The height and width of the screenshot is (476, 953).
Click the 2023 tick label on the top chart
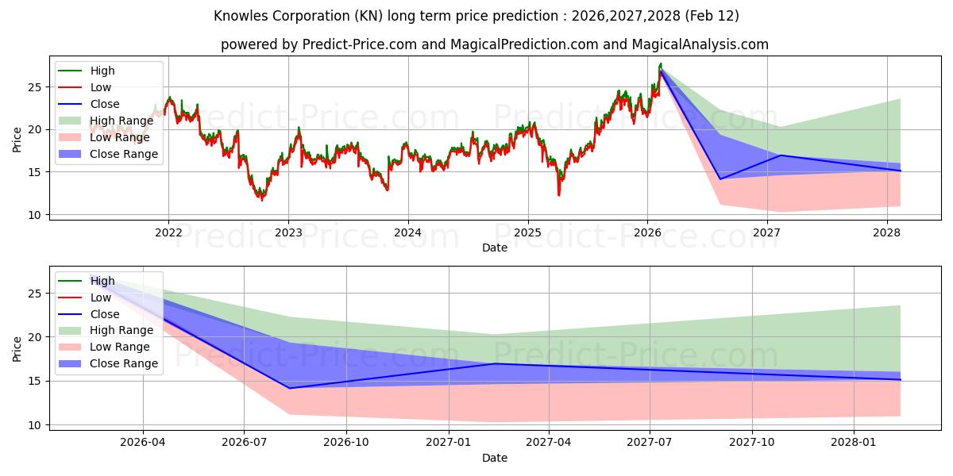point(288,232)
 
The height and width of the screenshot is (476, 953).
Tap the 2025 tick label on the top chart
point(528,232)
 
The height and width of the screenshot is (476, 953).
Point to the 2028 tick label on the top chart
point(887,232)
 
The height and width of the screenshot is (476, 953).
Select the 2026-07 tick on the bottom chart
point(244,443)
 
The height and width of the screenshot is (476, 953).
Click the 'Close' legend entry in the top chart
point(105,104)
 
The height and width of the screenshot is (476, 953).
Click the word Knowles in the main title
point(238,16)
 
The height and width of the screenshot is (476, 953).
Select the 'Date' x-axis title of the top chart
point(495,248)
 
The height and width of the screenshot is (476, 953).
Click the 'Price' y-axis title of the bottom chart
point(17,348)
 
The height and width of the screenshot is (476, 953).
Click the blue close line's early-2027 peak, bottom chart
point(496,363)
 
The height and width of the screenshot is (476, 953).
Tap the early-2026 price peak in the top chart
point(660,63)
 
